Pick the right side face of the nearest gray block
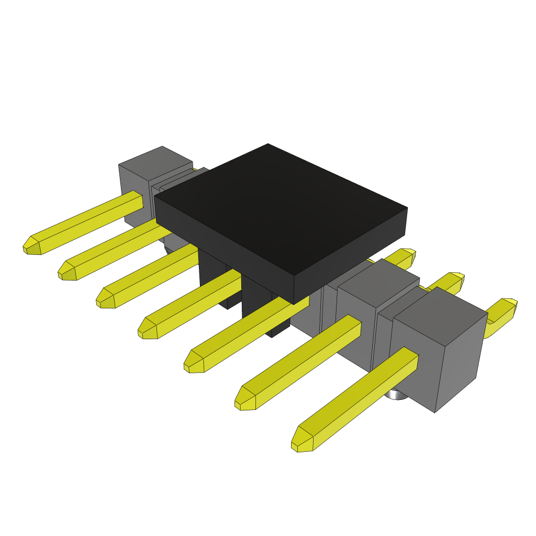pyautogui.click(x=461, y=361)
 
